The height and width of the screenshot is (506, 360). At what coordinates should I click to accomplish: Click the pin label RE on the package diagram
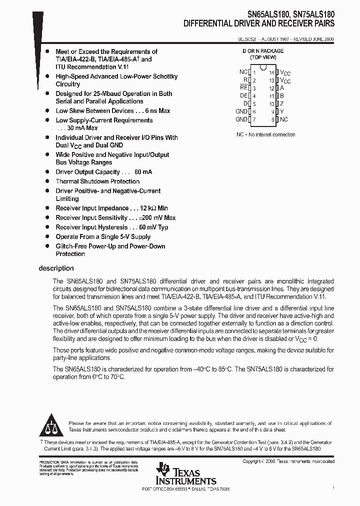(243, 87)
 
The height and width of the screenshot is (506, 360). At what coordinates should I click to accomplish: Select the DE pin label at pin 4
(243, 95)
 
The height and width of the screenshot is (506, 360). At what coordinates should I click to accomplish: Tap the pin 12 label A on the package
(282, 87)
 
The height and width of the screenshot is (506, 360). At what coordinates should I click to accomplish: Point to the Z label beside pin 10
(282, 103)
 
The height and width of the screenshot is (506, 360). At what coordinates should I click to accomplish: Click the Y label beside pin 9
(282, 111)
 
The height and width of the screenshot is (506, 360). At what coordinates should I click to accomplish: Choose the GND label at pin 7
(241, 119)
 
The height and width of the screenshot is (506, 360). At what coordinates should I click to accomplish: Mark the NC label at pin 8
(284, 119)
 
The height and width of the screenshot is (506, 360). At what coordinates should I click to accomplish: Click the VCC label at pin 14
(285, 72)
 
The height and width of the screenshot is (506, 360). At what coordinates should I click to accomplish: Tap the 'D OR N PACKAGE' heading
(263, 51)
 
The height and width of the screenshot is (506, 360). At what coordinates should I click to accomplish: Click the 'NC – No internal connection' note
(265, 134)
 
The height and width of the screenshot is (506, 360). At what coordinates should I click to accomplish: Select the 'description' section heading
(56, 268)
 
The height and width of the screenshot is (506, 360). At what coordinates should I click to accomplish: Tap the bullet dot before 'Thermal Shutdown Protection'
(47, 181)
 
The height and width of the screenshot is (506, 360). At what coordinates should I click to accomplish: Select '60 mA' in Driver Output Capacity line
(143, 172)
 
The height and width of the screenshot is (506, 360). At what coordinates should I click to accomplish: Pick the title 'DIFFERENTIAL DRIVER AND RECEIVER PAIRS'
(259, 23)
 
